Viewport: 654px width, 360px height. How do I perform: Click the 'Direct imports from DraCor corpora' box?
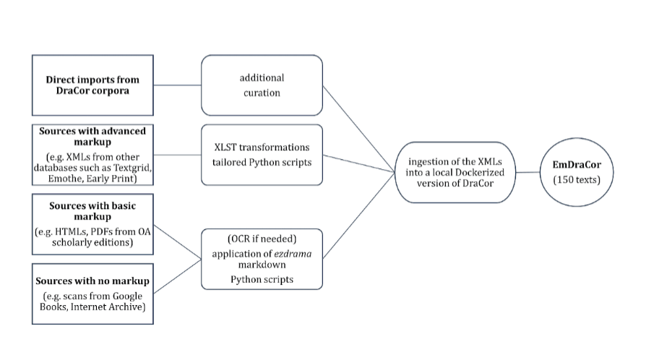coord(92,85)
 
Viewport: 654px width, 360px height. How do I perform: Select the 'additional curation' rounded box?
coord(262,85)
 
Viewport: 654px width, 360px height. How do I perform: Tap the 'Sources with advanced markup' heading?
coord(92,135)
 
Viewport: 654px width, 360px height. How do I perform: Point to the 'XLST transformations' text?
coord(262,147)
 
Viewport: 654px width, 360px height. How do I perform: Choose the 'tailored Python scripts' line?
coord(262,162)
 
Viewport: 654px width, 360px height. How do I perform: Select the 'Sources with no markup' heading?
coord(92,280)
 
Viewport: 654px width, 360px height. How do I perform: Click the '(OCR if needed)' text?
coord(262,239)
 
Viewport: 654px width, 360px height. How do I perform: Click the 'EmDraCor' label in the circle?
coord(576,166)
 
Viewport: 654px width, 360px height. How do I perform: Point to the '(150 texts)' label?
coord(576,179)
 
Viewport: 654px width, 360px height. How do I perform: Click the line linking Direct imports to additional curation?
coord(177,85)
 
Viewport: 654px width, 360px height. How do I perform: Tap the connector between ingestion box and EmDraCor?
coord(530,172)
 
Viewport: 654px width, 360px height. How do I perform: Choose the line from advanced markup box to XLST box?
coord(177,155)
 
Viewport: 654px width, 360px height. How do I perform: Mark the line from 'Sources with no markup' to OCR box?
coord(177,276)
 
